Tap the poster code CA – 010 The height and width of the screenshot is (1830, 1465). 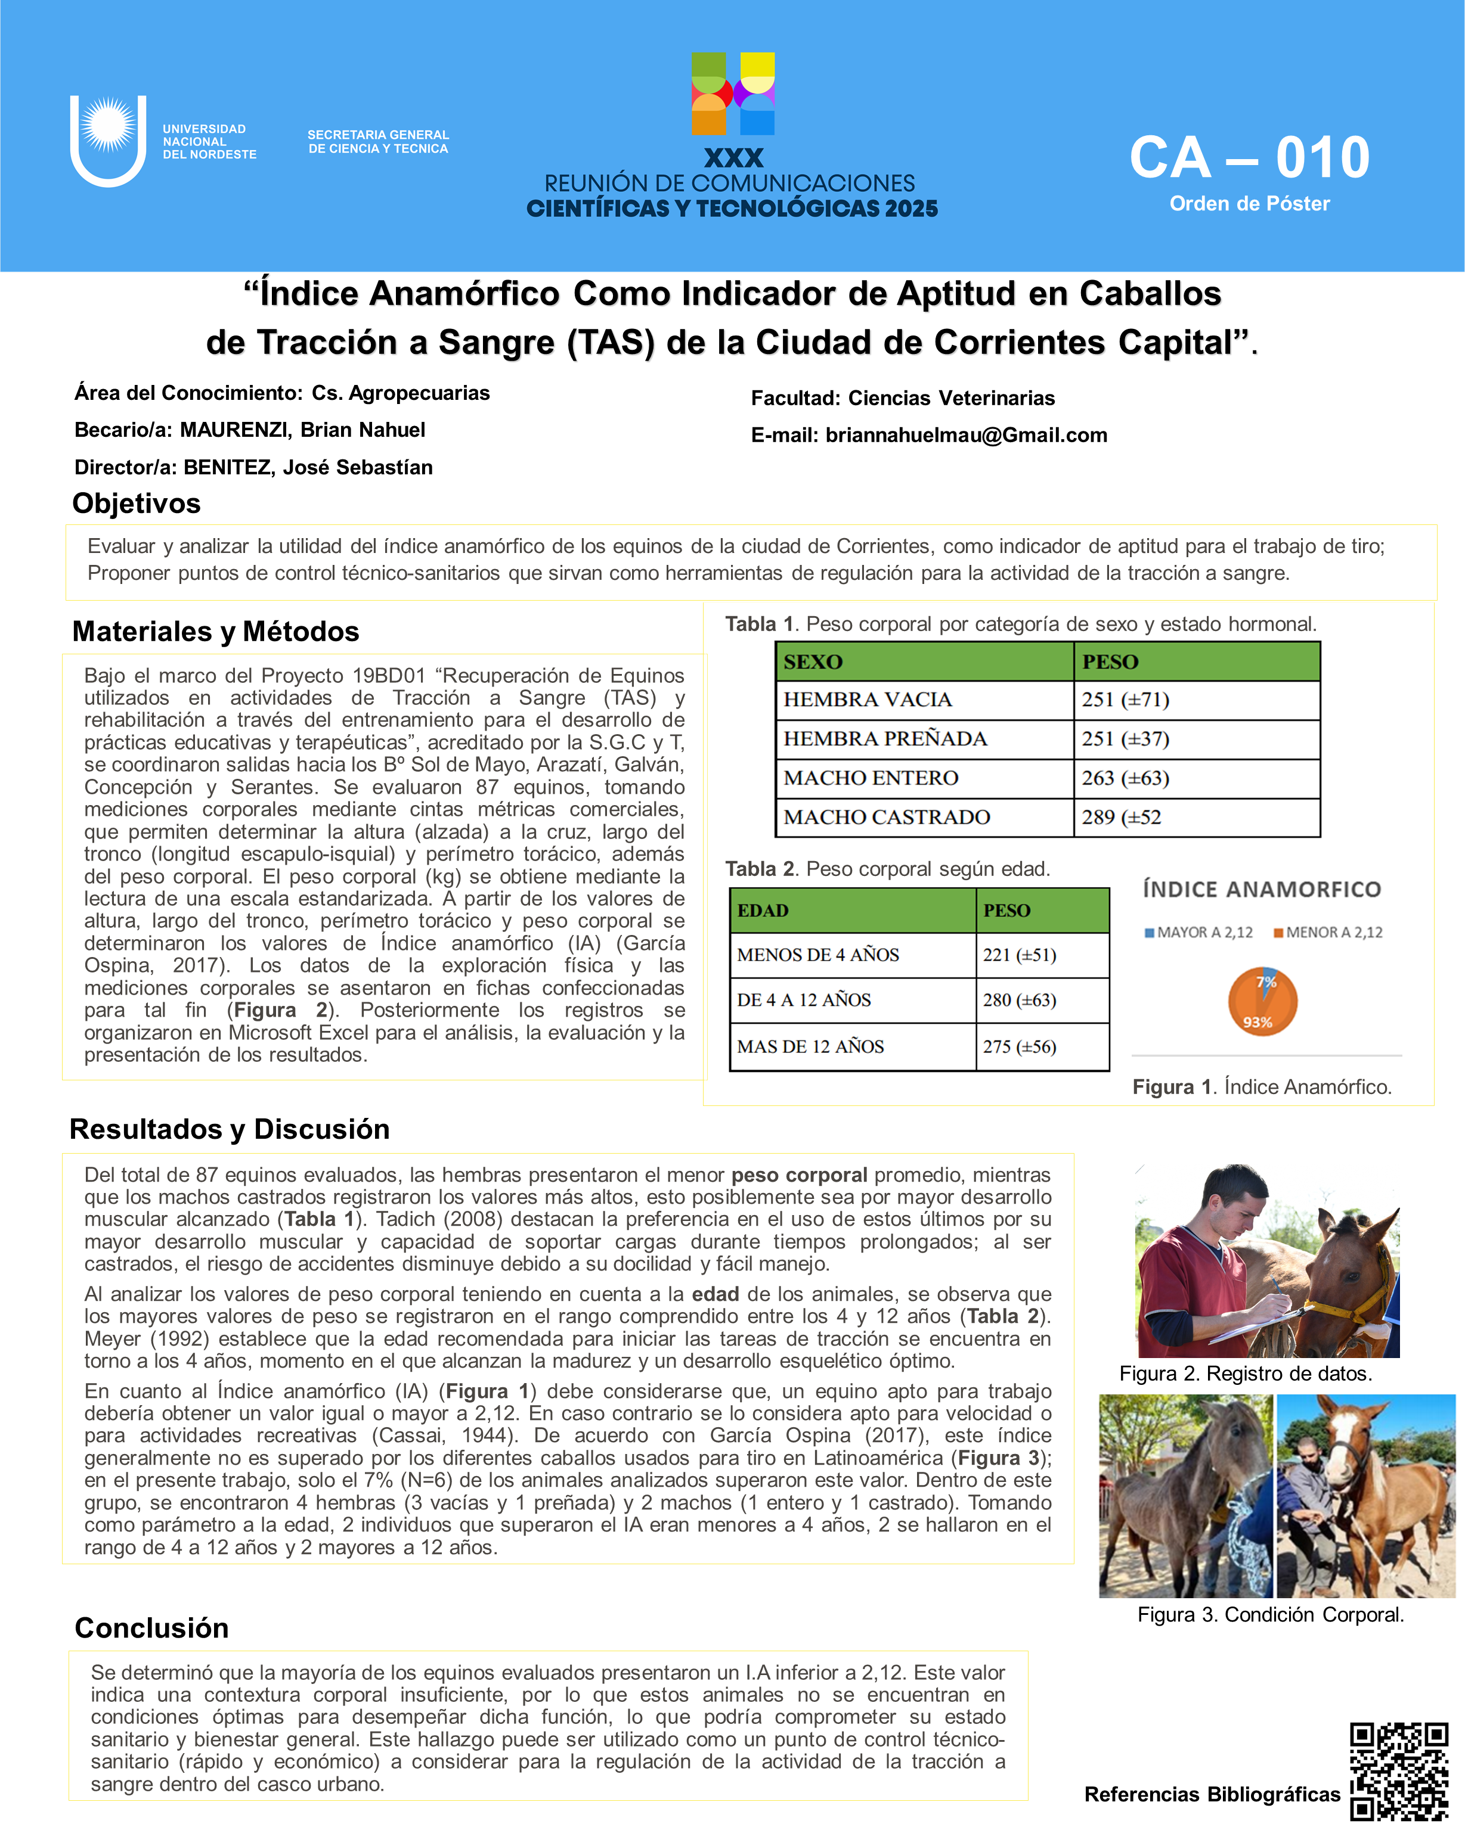click(1249, 159)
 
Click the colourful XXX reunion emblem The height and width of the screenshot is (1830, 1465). click(733, 94)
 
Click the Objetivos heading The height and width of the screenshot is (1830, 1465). click(137, 504)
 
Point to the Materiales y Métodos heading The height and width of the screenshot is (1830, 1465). click(216, 632)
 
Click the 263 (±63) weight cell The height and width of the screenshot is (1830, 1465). click(1125, 778)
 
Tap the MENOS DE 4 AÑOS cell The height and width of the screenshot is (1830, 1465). click(818, 955)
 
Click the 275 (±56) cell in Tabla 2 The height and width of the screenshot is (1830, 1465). click(1019, 1046)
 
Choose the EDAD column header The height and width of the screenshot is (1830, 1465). click(763, 911)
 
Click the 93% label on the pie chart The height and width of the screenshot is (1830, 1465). click(1257, 1022)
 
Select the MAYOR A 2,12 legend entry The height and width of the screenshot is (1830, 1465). click(1198, 932)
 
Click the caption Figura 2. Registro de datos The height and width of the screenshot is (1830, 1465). click(1245, 1374)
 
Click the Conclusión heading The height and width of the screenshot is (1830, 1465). click(152, 1628)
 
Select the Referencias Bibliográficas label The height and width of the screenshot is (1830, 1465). click(1212, 1794)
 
